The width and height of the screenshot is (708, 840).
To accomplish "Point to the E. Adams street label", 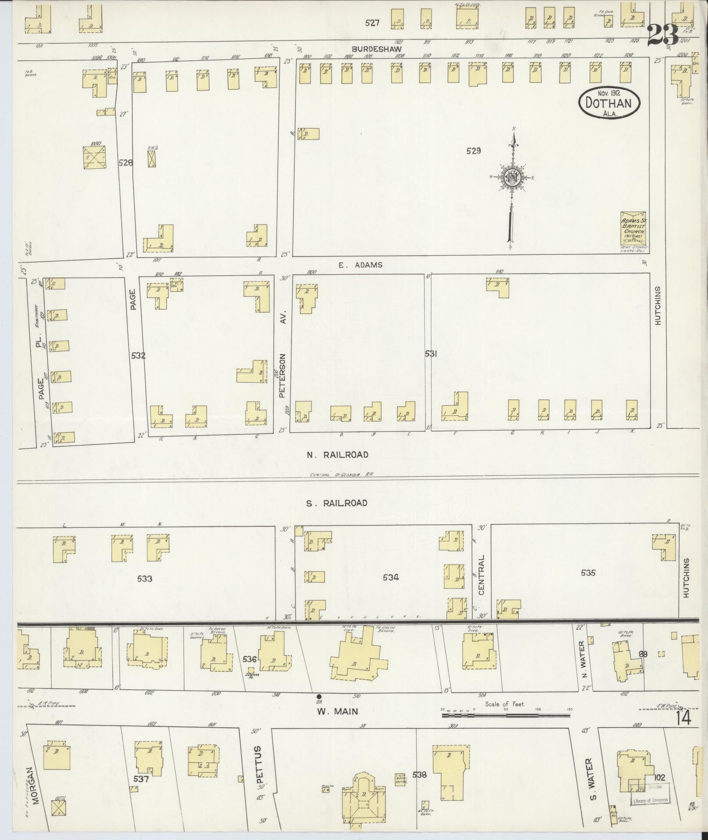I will [x=360, y=265].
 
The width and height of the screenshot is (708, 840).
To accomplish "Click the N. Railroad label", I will [x=337, y=455].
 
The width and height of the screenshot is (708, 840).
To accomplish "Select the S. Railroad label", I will [x=337, y=503].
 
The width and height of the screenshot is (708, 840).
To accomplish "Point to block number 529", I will [x=474, y=151].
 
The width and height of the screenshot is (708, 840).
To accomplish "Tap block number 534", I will [x=390, y=577].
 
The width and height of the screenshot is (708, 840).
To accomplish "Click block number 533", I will [x=144, y=579].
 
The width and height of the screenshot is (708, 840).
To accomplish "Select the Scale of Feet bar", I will [x=505, y=715].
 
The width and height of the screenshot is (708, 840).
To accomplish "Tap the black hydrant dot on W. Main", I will [x=319, y=696].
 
